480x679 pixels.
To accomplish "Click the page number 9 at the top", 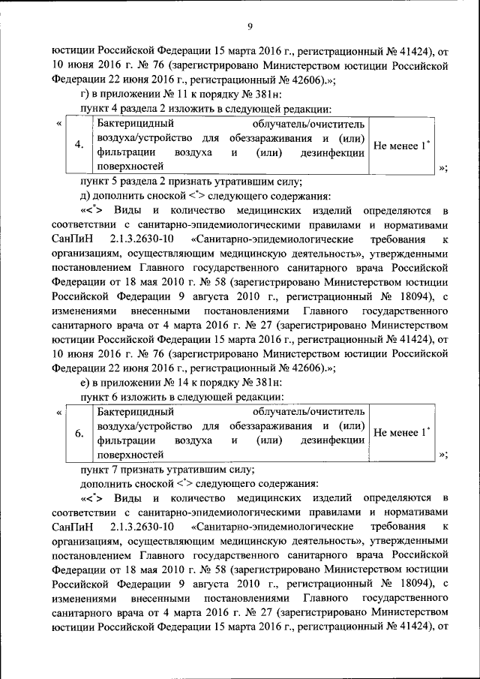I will pos(250,27).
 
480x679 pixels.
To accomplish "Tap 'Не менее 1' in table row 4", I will pos(401,145).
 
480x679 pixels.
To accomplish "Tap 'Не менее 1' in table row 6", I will pos(401,432).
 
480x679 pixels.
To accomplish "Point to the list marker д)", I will pos(85,195).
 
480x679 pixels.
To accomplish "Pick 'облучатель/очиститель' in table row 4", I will pos(310,123).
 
